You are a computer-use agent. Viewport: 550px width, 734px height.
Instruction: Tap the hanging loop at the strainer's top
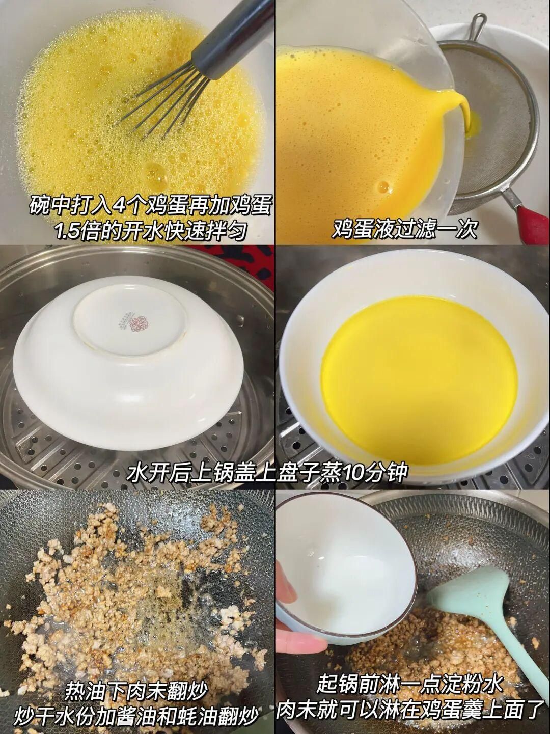478,25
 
